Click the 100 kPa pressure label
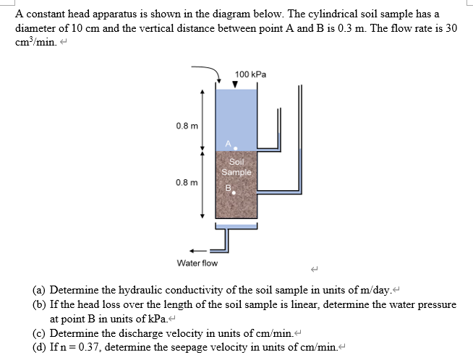(x=251, y=74)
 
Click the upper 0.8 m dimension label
(x=183, y=126)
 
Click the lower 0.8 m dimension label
(x=183, y=182)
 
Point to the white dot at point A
(x=236, y=147)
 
